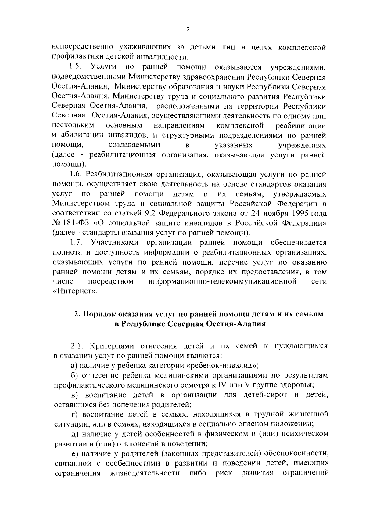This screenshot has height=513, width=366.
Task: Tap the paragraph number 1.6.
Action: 75,174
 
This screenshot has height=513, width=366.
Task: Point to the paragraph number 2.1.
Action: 77,346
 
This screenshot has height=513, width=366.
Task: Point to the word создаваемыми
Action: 135,145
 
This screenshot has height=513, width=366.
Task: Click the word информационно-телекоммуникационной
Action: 223,281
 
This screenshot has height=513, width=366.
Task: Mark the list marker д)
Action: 75,434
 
